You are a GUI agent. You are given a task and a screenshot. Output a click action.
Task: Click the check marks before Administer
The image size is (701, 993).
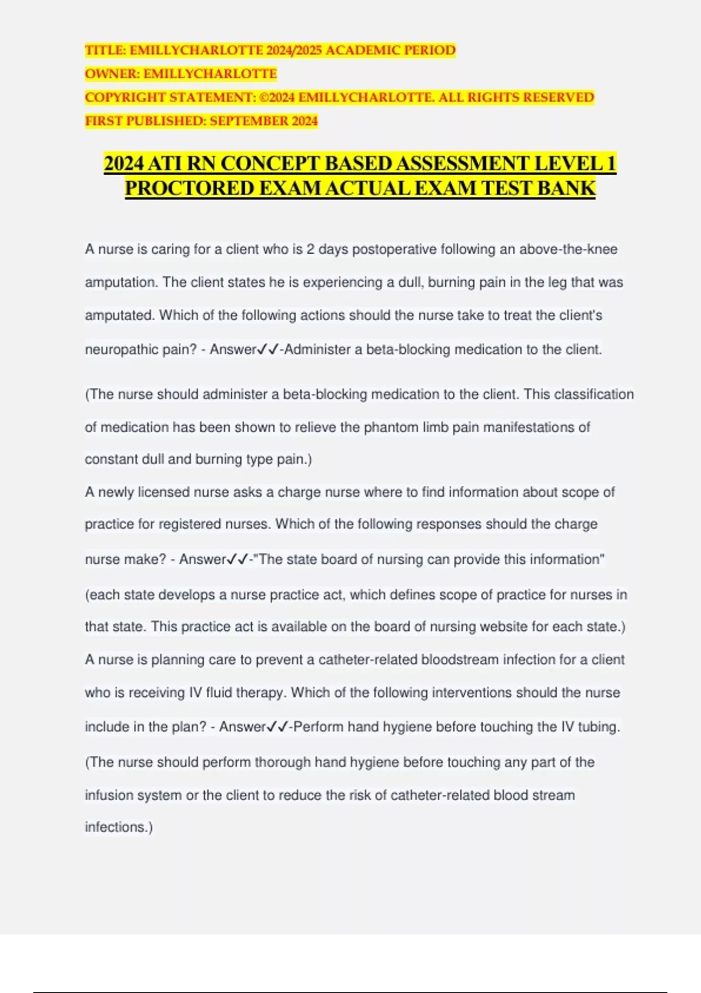269,350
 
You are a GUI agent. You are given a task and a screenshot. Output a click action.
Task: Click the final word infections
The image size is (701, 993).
118,827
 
